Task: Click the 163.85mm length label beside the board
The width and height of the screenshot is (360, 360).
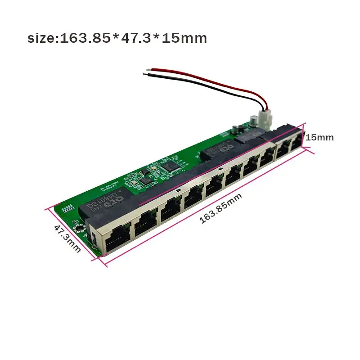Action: tap(220, 208)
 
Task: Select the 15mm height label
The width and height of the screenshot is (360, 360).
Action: tap(319, 137)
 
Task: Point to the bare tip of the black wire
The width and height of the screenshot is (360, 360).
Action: tap(144, 76)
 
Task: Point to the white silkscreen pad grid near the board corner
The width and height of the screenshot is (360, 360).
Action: tap(70, 208)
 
